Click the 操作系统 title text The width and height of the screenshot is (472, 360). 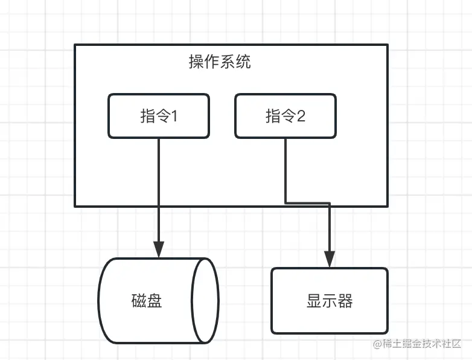pos(220,62)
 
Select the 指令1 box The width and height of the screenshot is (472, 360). pos(159,115)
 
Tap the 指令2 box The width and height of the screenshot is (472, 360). pos(285,115)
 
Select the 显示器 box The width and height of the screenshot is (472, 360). pos(329,301)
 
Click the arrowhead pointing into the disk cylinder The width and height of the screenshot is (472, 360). pos(159,249)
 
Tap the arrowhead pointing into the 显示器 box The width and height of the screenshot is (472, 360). pos(330,259)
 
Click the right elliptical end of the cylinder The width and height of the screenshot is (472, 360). pos(205,301)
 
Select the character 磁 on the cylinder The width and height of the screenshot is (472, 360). pos(138,301)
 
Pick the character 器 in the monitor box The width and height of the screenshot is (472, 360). pos(345,301)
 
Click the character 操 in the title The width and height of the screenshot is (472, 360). pos(196,62)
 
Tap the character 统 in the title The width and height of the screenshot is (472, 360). pos(243,62)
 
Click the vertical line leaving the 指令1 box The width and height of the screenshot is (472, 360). pos(159,181)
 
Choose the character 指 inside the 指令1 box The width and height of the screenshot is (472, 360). pos(147,116)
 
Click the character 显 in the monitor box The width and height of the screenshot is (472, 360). pos(314,301)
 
